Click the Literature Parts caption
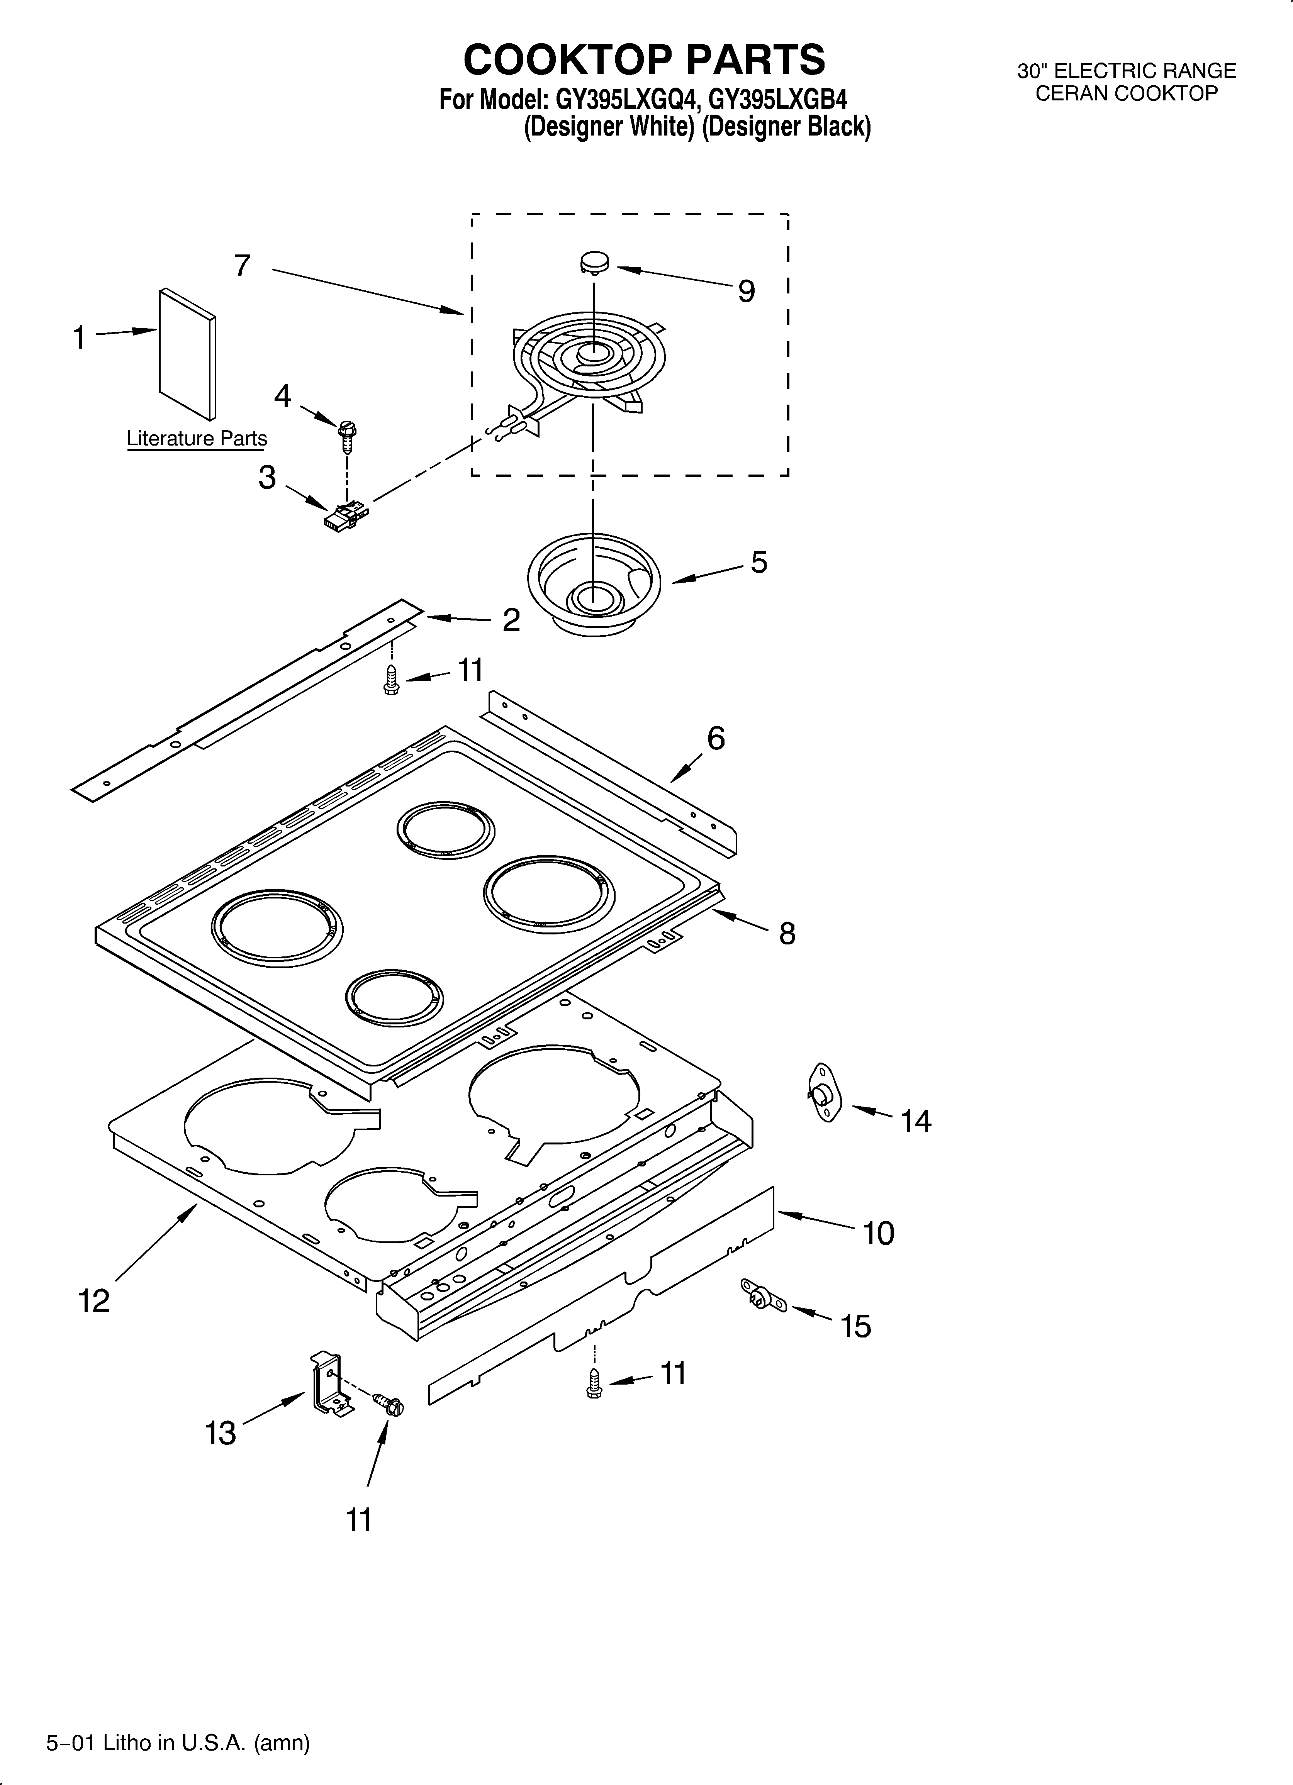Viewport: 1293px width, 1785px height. coord(197,438)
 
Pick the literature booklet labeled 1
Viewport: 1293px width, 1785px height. coord(187,354)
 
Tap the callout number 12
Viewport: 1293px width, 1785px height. coord(94,1301)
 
